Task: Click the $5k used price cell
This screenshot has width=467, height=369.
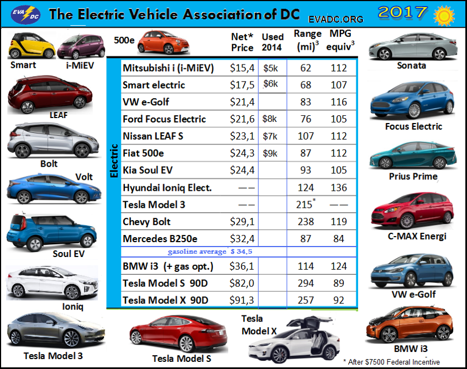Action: (271, 68)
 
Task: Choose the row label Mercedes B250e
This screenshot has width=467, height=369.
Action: (160, 239)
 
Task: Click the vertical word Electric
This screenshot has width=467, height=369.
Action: (114, 161)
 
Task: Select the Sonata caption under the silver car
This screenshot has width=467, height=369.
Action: (411, 66)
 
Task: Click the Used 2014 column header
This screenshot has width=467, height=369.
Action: (272, 42)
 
